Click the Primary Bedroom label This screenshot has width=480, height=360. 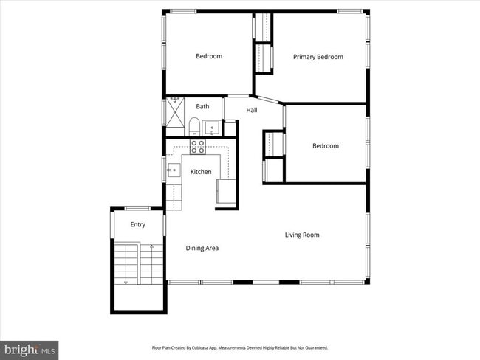(318, 57)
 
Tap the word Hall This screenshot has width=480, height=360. (252, 110)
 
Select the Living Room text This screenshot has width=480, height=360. (302, 235)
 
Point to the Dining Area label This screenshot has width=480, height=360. (202, 248)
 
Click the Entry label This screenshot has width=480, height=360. (138, 224)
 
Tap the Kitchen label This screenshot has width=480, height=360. (201, 172)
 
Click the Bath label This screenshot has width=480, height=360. (202, 106)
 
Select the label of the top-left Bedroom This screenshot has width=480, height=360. (208, 56)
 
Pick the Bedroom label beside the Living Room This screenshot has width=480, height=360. (325, 145)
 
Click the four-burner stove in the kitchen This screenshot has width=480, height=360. (197, 146)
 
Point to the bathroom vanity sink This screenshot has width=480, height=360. (211, 128)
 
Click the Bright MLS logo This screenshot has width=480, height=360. (30, 349)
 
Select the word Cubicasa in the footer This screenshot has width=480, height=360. (205, 347)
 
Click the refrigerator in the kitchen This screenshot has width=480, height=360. (227, 191)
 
